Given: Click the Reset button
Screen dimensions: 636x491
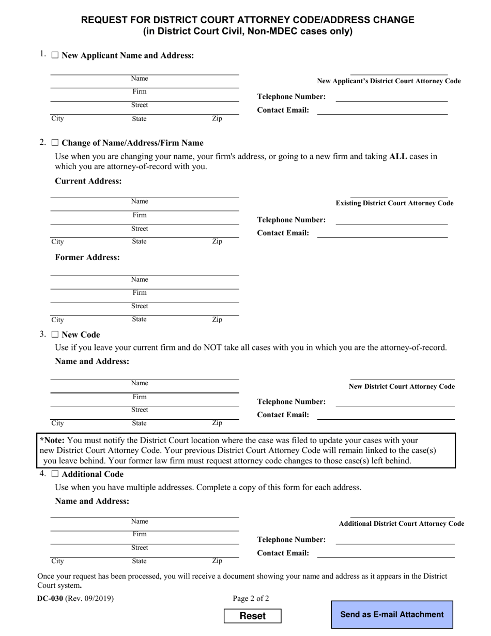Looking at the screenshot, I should [x=253, y=616].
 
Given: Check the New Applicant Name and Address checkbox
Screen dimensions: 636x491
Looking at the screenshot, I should [x=55, y=55].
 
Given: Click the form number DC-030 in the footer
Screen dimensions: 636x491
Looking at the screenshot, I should [x=50, y=599].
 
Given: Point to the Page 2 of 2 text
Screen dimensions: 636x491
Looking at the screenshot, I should [x=251, y=599].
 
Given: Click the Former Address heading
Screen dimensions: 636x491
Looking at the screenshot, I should [x=87, y=257].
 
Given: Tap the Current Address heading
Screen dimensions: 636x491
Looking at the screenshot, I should [x=88, y=181].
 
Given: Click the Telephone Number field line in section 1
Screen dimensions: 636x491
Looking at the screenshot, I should [x=391, y=97].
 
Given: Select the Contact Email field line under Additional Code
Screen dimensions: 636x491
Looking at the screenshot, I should [x=385, y=553].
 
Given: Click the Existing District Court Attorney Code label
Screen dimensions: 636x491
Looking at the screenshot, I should [x=394, y=203].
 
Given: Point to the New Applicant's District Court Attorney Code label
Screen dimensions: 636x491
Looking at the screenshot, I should [x=389, y=81].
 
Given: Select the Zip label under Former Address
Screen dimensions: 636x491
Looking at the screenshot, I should [x=217, y=320].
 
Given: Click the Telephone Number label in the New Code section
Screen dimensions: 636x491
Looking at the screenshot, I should [x=291, y=402].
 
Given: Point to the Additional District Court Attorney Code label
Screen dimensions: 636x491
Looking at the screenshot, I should [x=401, y=524].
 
